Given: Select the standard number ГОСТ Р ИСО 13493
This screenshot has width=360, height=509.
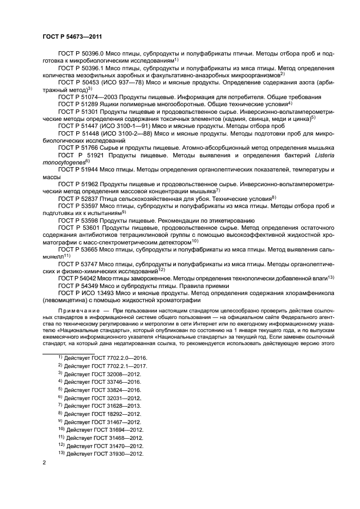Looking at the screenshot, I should [87, 292].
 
